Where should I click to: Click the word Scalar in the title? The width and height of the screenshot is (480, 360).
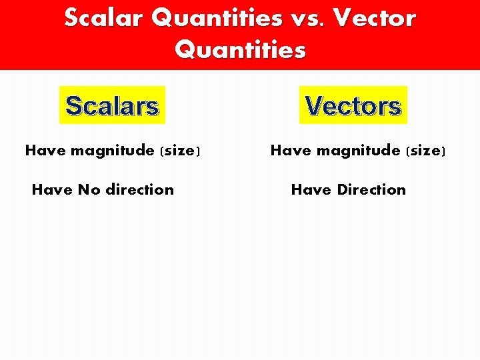[x=105, y=18]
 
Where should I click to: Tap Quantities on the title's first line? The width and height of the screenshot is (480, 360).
[x=217, y=18]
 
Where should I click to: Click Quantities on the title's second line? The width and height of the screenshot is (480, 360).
[x=241, y=50]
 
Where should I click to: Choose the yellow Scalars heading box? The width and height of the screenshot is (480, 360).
[x=112, y=105]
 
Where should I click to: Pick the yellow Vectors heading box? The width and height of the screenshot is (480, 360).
[x=353, y=105]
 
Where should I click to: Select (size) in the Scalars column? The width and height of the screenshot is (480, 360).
[x=179, y=151]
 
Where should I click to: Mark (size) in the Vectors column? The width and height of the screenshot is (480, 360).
[x=425, y=151]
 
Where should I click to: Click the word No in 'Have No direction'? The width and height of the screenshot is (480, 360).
[x=89, y=190]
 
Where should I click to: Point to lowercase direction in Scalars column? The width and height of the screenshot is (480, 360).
[x=139, y=190]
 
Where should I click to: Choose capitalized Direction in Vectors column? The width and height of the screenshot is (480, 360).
[x=371, y=190]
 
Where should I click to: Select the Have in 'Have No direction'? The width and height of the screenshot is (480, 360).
[x=52, y=190]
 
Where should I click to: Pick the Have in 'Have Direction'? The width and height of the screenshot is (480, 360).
[x=311, y=190]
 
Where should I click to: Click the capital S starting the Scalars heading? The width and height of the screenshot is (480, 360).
[x=73, y=106]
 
